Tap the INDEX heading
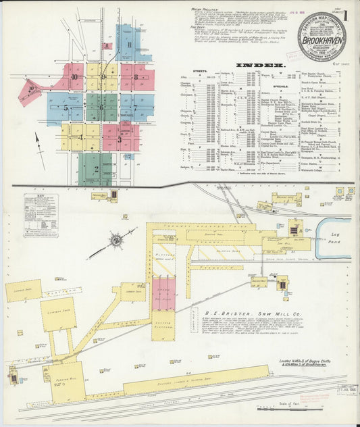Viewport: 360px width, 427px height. (259, 66)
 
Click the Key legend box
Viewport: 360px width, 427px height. (41, 215)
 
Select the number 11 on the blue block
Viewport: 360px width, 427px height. (128, 46)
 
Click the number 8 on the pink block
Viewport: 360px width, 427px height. (136, 77)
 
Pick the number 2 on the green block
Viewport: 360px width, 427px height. (96, 169)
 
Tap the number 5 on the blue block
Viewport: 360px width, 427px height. (66, 107)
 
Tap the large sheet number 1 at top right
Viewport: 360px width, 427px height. (346, 15)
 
